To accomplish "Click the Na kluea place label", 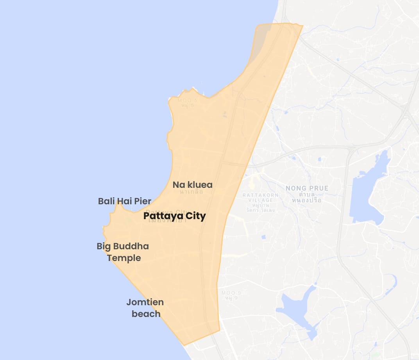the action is [192, 185].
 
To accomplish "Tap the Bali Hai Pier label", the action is [124, 201].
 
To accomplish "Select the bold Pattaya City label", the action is [174, 216].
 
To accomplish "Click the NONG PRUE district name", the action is [307, 188].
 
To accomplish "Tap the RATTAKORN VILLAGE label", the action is [261, 197].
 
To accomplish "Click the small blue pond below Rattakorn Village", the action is [263, 237].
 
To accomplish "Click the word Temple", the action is [124, 258].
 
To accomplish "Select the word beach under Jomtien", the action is [146, 314].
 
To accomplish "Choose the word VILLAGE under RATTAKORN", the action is [261, 200].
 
